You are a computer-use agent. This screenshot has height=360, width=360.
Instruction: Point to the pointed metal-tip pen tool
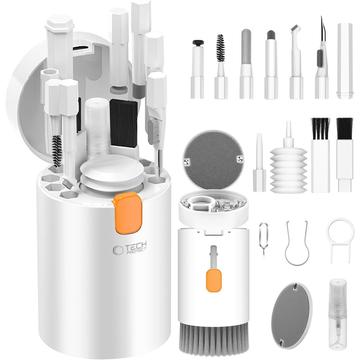click(x=320, y=60)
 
